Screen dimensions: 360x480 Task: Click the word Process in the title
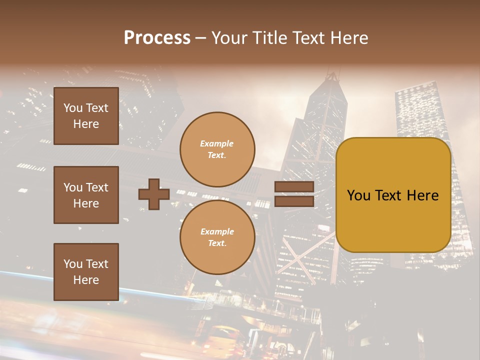pos(157,38)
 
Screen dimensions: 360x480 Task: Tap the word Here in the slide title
pos(347,38)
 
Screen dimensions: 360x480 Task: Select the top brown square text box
pos(86,116)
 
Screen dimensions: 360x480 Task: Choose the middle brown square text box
pos(86,195)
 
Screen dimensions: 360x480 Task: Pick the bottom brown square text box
pos(86,272)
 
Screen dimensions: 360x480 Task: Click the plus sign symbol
pos(154,194)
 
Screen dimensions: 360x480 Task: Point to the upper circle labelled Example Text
pos(217,149)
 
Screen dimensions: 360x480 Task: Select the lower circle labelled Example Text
pos(217,237)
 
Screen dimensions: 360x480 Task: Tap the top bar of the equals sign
pos(294,187)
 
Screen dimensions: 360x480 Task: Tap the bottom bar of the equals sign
pos(294,201)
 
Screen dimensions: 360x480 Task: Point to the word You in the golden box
pos(358,195)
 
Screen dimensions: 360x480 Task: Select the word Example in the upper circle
pos(217,143)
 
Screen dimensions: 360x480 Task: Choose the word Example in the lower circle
pos(217,231)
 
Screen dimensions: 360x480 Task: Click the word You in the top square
pos(73,108)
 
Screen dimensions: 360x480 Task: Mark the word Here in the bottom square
pos(86,280)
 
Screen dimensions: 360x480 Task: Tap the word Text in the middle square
pos(97,187)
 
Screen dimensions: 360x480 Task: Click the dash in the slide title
pos(201,38)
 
